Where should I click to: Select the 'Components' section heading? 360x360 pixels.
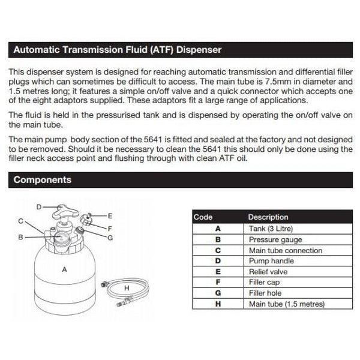pos(42,179)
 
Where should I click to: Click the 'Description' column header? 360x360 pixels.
pos(268,217)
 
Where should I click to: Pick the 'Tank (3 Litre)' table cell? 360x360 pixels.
pos(271,229)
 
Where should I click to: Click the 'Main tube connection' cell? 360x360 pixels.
pos(285,250)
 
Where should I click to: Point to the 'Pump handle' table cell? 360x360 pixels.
pos(271,261)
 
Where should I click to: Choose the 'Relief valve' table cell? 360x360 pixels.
pos(268,272)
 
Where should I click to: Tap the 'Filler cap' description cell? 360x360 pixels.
pos(265,283)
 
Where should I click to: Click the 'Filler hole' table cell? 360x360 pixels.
pos(265,293)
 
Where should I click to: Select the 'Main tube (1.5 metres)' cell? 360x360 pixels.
pos(286,304)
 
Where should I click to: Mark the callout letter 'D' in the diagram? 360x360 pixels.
pos(38,206)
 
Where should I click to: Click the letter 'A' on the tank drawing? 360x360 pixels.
pos(65,270)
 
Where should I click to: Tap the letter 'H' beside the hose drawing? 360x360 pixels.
pos(127,288)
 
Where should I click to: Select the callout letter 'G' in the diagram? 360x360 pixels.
pos(110,238)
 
